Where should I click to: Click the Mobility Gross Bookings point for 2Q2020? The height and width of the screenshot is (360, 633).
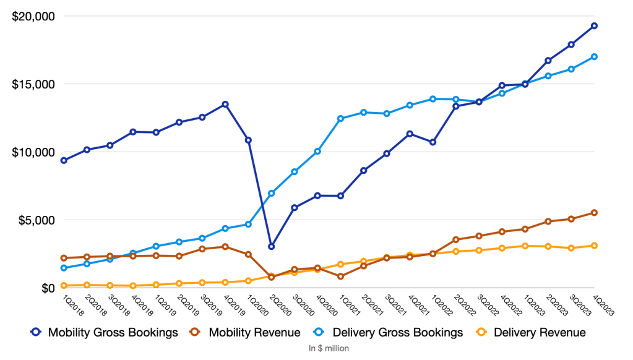point(271,247)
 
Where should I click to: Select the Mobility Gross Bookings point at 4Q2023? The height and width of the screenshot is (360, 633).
point(594,26)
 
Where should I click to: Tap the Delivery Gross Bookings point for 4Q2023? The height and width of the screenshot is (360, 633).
point(594,57)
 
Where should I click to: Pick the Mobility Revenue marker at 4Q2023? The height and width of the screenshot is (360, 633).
point(594,213)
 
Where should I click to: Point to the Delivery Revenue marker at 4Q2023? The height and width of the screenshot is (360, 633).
point(594,246)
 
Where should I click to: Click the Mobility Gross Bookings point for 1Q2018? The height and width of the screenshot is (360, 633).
point(64,160)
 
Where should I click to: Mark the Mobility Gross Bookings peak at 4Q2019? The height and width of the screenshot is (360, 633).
point(225,104)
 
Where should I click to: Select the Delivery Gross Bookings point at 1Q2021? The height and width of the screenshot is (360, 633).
point(340,118)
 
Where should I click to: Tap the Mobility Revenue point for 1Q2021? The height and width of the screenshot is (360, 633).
point(340,276)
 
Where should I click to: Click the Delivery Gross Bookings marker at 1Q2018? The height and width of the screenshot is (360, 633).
point(64,268)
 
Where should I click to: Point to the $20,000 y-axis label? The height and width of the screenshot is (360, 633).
point(33,16)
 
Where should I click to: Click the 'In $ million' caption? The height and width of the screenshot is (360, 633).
point(329,348)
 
